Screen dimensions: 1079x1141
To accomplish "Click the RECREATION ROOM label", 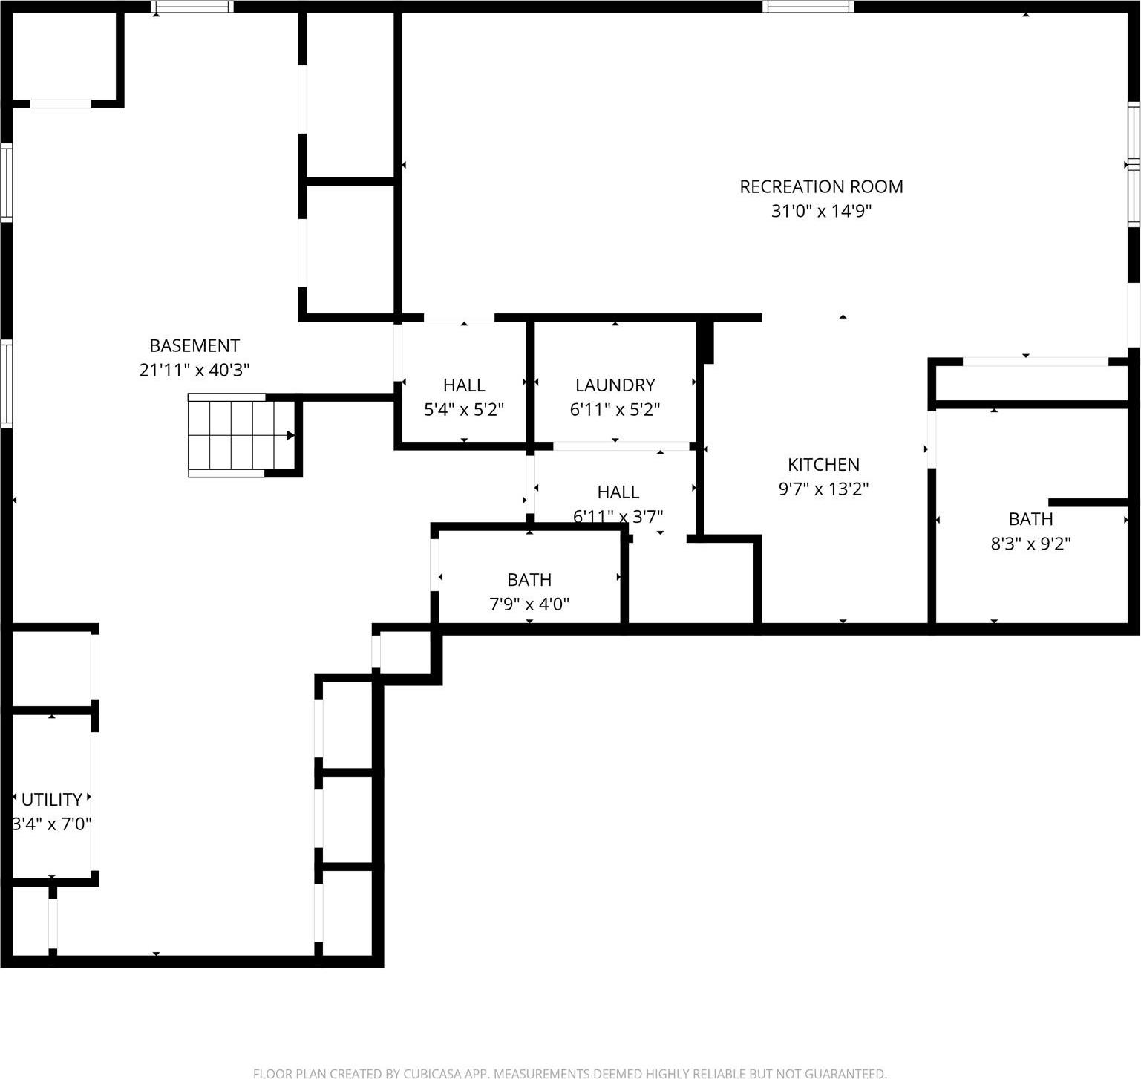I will coord(821,186).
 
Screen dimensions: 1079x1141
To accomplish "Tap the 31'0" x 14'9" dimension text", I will coord(821,211).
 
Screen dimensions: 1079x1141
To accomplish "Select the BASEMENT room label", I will coord(194,345).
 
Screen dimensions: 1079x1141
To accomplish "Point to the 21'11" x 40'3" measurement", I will coord(194,370).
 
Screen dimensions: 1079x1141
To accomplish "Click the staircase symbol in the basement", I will coord(238,435).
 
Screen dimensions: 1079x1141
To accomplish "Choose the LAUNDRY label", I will coord(615,385).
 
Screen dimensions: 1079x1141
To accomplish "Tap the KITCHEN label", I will coord(823,464).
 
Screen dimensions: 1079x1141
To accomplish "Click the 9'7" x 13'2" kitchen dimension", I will coord(823,489).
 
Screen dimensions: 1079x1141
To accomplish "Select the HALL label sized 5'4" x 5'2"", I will coord(464,385).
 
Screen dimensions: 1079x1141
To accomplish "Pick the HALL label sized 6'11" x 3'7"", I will coord(618,492).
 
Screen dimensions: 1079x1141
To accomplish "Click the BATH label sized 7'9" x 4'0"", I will coord(529,579).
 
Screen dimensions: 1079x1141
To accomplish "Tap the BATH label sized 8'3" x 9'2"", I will coord(1030,518).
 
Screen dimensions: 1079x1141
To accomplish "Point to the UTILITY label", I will coord(51,799).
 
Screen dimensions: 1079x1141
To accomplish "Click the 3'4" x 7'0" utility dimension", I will coord(51,824).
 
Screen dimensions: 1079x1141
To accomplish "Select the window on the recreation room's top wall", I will coord(808,7).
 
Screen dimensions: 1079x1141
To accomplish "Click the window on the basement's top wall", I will coord(192,7).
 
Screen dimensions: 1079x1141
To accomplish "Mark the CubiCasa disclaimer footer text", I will coord(569,1073).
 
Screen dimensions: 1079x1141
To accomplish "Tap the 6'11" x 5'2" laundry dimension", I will coord(615,409).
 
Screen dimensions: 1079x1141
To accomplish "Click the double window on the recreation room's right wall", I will coord(1134,164).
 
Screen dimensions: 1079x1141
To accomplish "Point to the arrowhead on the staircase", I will coord(291,435).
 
